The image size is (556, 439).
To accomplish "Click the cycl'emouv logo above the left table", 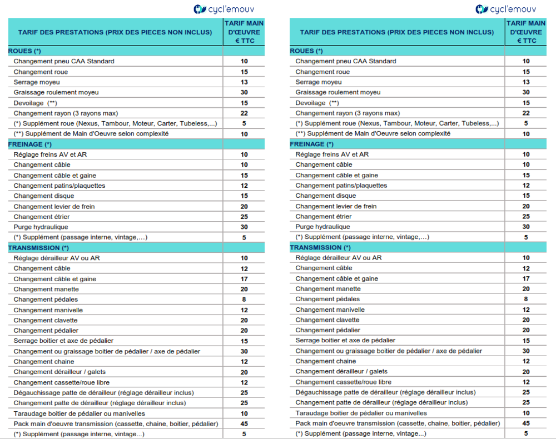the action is tap(224, 9).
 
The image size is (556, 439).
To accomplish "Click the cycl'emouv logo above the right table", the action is tap(505, 9).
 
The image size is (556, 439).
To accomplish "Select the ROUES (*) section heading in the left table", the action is tap(24, 51).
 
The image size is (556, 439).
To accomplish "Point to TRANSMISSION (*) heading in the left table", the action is tap(38, 248).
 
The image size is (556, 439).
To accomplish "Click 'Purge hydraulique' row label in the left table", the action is tap(41, 227).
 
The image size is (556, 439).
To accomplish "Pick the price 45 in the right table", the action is tap(526, 423).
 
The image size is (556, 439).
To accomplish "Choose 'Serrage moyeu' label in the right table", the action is tap(319, 82).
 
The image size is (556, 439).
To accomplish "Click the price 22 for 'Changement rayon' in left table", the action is tap(244, 113).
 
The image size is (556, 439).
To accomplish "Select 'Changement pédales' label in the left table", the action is tap(46, 300).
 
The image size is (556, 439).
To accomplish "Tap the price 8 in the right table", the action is tap(526, 299).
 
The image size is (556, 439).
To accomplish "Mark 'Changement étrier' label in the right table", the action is tap(324, 217).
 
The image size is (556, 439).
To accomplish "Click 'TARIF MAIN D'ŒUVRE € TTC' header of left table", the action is tap(244, 32).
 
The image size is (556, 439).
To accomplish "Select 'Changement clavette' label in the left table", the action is tap(46, 320).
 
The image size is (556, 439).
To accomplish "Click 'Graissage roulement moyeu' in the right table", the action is tap(338, 92).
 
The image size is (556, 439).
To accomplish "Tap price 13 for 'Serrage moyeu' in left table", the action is tap(244, 82).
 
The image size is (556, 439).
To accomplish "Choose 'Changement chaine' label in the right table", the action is tap(325, 361).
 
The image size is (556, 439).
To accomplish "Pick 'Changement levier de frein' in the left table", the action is tap(54, 207).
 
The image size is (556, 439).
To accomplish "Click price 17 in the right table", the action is tap(526, 279).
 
